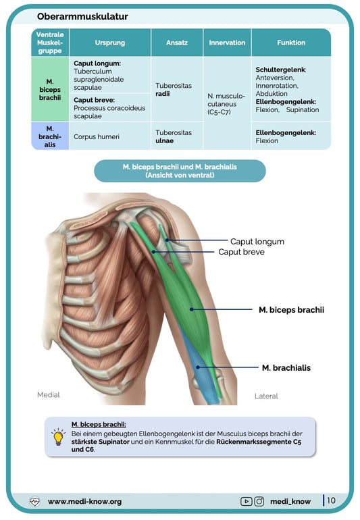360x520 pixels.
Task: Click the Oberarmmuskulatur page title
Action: [x=82, y=16]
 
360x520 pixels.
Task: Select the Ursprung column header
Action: [x=110, y=43]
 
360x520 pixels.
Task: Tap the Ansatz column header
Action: [x=177, y=43]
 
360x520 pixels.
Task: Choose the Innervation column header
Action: [x=227, y=43]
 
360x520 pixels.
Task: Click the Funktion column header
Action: [x=291, y=43]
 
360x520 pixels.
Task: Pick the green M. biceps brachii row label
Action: [x=50, y=90]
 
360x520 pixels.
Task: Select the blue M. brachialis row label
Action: [x=50, y=136]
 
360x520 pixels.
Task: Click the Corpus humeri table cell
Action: [x=97, y=136]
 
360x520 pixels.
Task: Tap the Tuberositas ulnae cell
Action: [x=174, y=136]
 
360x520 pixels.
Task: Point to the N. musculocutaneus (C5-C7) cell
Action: [x=226, y=104]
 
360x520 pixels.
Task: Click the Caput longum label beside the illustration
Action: [x=257, y=242]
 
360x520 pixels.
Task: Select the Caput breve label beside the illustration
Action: [x=241, y=252]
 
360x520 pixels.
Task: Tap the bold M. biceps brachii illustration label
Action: [x=291, y=310]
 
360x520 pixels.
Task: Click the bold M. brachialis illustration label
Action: [x=286, y=368]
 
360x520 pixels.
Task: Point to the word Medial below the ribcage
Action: [x=49, y=394]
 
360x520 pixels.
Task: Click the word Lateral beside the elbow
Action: [x=266, y=396]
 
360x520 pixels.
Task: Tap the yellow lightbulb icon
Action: [x=58, y=437]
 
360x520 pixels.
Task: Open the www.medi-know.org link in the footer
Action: [x=84, y=501]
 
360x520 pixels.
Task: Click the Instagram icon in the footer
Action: [x=259, y=501]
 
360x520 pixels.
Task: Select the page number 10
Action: [x=331, y=500]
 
